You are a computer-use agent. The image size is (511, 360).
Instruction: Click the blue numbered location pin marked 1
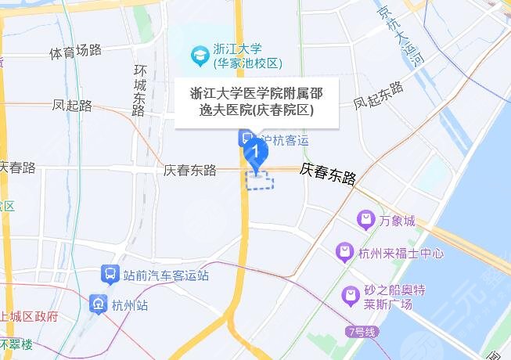coord(253,151)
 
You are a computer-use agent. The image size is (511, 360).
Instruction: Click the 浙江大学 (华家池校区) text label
coord(247,57)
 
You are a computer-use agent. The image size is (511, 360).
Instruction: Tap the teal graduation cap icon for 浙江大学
coord(200,56)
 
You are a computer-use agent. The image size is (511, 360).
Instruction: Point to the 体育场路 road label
coord(75,52)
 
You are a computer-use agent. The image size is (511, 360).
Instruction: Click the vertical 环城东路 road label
coord(139,87)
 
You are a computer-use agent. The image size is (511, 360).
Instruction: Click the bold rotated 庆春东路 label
coord(328,173)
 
